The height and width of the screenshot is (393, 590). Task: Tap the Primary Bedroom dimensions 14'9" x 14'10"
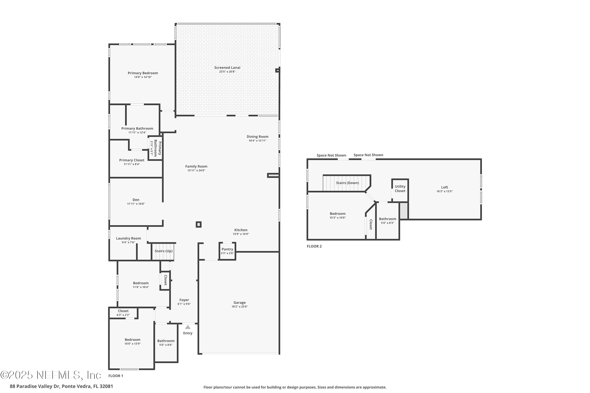point(143,77)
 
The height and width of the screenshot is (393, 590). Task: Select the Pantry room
point(227,251)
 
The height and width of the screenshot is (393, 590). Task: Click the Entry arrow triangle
point(188,327)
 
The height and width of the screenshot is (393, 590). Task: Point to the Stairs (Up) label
point(164,251)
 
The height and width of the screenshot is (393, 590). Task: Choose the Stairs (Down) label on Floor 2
point(348,183)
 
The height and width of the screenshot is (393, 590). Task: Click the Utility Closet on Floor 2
point(400,189)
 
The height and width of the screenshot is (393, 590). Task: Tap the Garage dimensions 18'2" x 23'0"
point(240,307)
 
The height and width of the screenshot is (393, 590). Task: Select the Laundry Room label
point(128,238)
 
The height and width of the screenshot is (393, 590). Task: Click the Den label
point(136,200)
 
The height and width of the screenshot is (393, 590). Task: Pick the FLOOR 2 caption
point(314,246)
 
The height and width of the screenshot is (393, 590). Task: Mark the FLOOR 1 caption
point(116,376)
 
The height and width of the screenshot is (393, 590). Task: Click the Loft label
point(444,187)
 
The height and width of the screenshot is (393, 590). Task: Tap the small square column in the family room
point(198,224)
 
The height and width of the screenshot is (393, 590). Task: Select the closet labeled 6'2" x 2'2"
point(123,313)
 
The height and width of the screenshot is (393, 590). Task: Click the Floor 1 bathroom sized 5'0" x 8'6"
point(166,343)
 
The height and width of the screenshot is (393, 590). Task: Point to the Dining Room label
point(257,137)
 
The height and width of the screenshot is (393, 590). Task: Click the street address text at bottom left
point(61,386)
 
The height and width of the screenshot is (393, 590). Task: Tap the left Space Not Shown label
point(331,155)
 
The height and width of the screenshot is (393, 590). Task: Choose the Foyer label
point(184,300)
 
